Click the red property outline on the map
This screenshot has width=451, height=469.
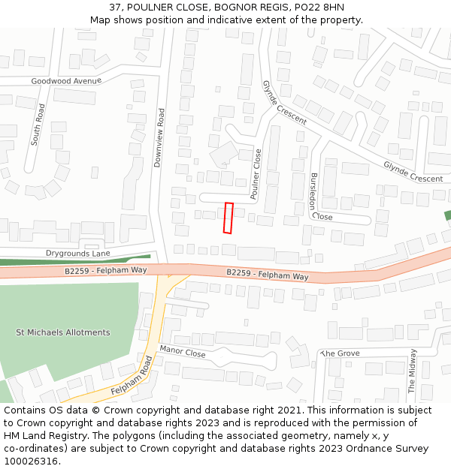click(229, 218)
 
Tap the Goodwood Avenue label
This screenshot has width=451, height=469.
click(66, 81)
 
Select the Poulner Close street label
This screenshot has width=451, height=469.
click(256, 173)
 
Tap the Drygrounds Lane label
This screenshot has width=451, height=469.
click(78, 254)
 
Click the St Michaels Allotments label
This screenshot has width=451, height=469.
click(63, 332)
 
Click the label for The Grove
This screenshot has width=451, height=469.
click(341, 353)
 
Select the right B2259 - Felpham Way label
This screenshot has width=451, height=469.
click(268, 275)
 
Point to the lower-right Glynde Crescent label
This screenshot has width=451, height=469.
click(413, 172)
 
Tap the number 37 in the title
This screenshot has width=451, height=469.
click(115, 7)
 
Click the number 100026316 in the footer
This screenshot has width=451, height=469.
click(30, 461)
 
